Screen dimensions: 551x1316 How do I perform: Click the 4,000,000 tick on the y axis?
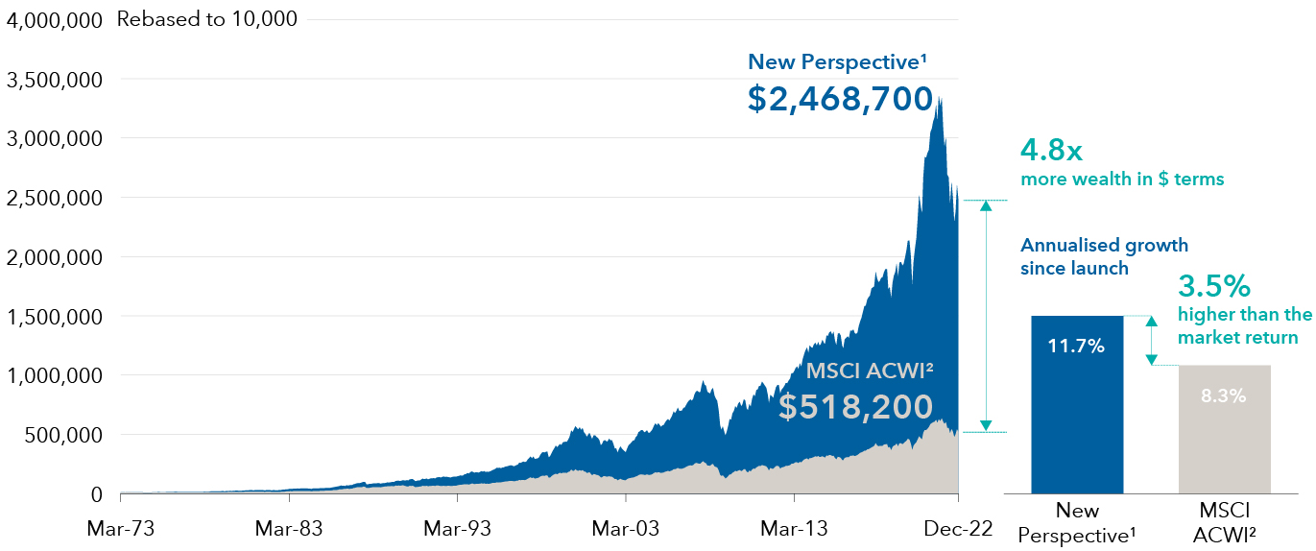54,20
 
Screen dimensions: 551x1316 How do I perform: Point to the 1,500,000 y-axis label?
54,317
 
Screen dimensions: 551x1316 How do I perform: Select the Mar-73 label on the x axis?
120,528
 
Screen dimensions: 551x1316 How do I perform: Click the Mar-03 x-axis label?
625,528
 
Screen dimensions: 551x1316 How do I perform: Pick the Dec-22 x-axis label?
956,528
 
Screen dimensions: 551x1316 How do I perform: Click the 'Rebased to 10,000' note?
206,19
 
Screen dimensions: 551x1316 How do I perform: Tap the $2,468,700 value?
840,99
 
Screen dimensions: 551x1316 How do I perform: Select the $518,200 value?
855,406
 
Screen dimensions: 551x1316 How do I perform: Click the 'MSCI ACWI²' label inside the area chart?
870,371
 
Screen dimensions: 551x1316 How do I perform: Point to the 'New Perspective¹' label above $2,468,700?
837,62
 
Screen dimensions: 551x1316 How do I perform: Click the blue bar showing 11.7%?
1076,403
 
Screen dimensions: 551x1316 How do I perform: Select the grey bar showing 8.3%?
1225,428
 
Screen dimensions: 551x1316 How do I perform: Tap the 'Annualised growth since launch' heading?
1104,256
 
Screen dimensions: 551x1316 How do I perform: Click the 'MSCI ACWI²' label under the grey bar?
1225,521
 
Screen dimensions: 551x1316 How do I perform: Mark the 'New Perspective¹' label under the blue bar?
1076,521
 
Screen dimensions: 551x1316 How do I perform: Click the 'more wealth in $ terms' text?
1122,180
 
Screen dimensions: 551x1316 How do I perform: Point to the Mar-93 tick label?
457,528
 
